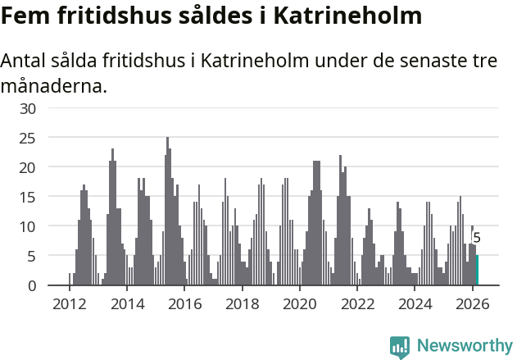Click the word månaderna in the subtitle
click(x=54, y=84)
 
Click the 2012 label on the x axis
click(x=69, y=304)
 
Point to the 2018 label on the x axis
click(x=242, y=304)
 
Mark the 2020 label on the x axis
click(x=299, y=304)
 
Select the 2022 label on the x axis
click(x=357, y=304)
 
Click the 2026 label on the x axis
click(x=473, y=304)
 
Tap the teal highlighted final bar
click(x=477, y=271)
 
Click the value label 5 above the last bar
click(x=477, y=238)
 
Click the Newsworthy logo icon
click(x=400, y=347)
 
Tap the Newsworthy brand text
click(x=465, y=346)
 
